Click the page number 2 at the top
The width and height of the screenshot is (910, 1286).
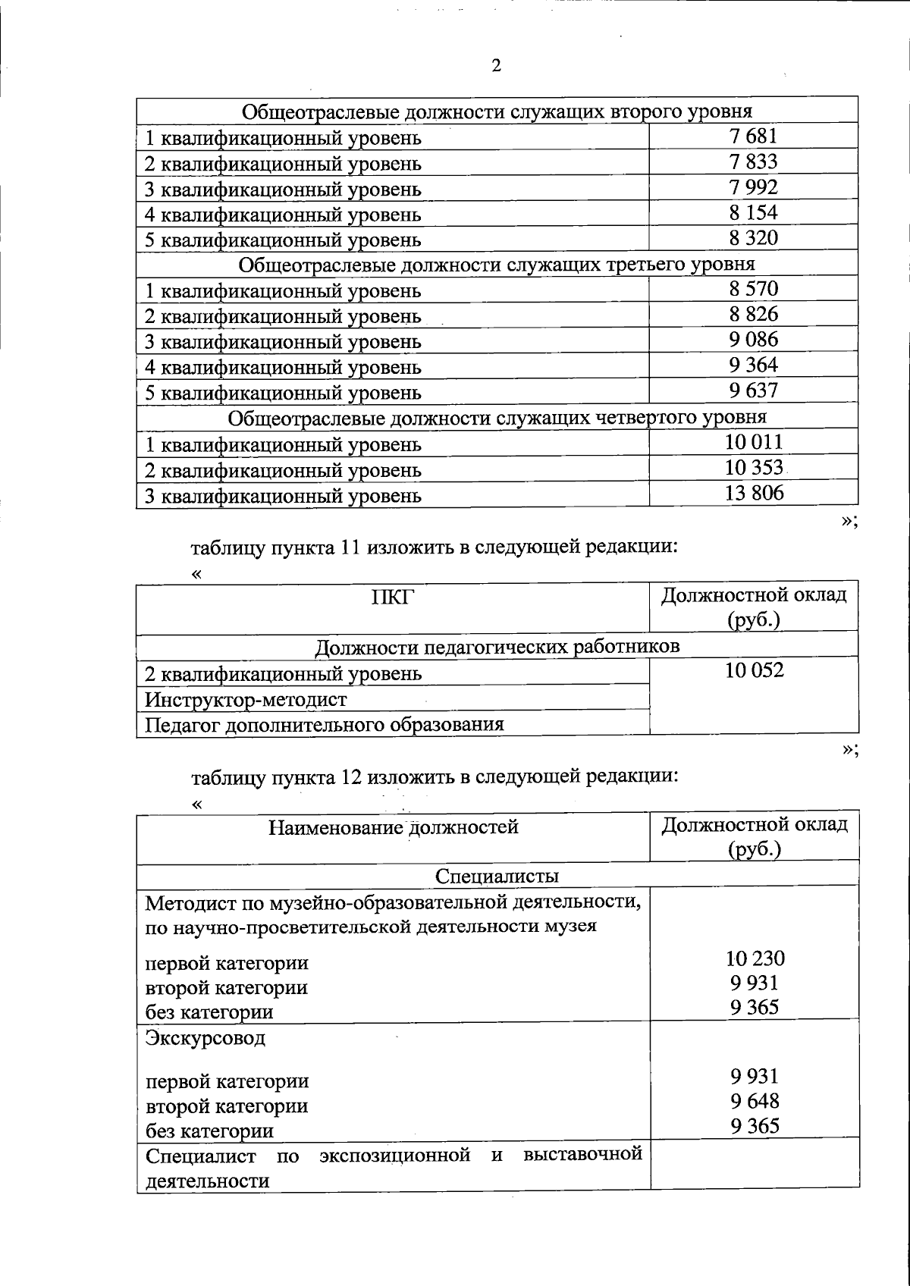(x=496, y=67)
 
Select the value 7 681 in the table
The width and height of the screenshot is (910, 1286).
(x=753, y=136)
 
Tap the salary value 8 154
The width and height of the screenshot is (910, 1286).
(x=753, y=212)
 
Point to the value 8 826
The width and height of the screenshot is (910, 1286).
(x=753, y=314)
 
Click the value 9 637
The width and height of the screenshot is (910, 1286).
(x=753, y=391)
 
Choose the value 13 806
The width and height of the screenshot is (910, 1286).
(x=753, y=494)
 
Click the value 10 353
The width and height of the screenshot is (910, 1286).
(x=753, y=468)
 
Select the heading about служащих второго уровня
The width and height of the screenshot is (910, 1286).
(x=497, y=111)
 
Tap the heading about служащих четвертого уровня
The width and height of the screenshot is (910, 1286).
(x=497, y=417)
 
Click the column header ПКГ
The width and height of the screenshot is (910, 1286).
(x=392, y=598)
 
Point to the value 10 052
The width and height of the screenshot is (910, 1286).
(x=754, y=670)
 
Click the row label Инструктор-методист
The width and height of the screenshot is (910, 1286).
(x=246, y=699)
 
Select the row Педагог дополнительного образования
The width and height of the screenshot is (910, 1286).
(x=325, y=724)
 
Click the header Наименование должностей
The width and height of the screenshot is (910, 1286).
(x=393, y=827)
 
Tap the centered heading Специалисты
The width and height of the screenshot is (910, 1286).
(x=497, y=877)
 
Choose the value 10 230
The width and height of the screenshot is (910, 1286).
(x=755, y=958)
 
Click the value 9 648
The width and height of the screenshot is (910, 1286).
(x=755, y=1101)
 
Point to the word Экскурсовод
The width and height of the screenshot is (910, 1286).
(x=205, y=1037)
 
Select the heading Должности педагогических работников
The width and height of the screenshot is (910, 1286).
(x=497, y=647)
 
